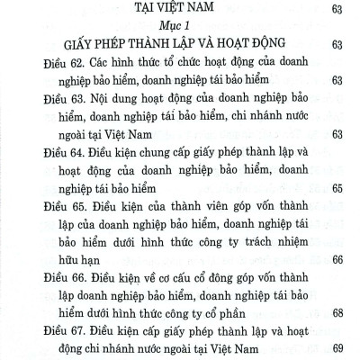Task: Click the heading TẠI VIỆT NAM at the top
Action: pos(179,10)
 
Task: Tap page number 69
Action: pos(337,350)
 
